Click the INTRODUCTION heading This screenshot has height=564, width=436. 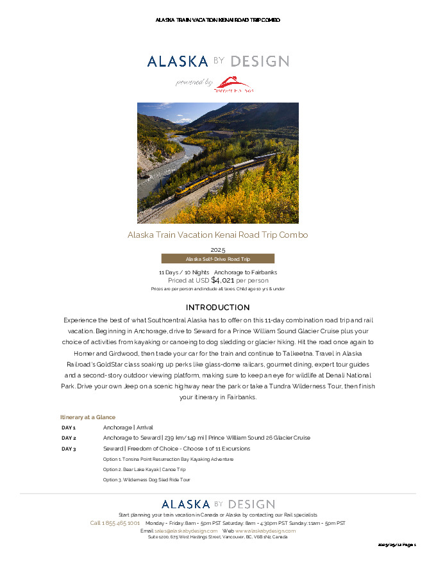pyautogui.click(x=217, y=308)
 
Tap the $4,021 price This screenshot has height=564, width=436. pyautogui.click(x=222, y=280)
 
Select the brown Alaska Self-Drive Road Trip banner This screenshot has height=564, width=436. pyautogui.click(x=217, y=259)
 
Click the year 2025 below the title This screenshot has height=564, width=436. pyautogui.click(x=217, y=249)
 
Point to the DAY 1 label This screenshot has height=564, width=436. pyautogui.click(x=69, y=427)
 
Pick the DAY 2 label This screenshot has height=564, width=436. pyautogui.click(x=69, y=438)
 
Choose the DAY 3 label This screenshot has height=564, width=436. pyautogui.click(x=69, y=449)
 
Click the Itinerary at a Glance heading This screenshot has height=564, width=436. pyautogui.click(x=88, y=417)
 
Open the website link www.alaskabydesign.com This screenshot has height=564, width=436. pyautogui.click(x=265, y=531)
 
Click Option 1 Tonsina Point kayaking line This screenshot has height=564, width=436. pyautogui.click(x=168, y=459)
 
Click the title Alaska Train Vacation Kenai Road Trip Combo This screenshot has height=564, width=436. pyautogui.click(x=217, y=235)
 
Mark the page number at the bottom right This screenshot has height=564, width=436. pyautogui.click(x=397, y=545)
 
